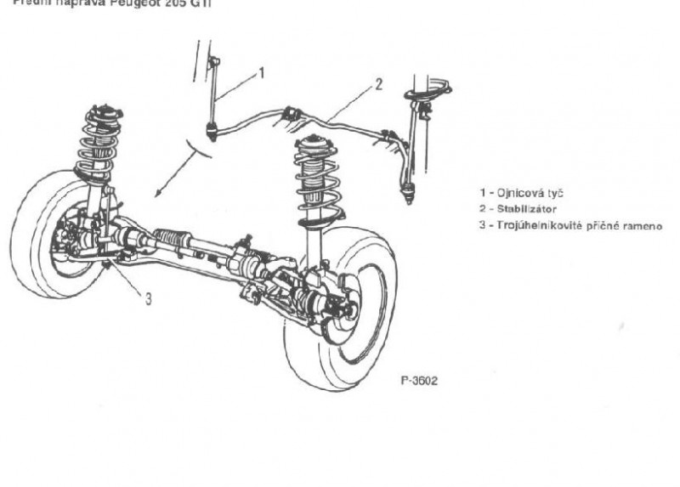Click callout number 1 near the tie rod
[262, 73]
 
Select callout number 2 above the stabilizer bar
[379, 85]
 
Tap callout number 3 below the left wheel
[148, 298]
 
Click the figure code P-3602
[418, 382]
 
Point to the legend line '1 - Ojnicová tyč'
[521, 193]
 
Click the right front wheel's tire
[340, 340]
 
